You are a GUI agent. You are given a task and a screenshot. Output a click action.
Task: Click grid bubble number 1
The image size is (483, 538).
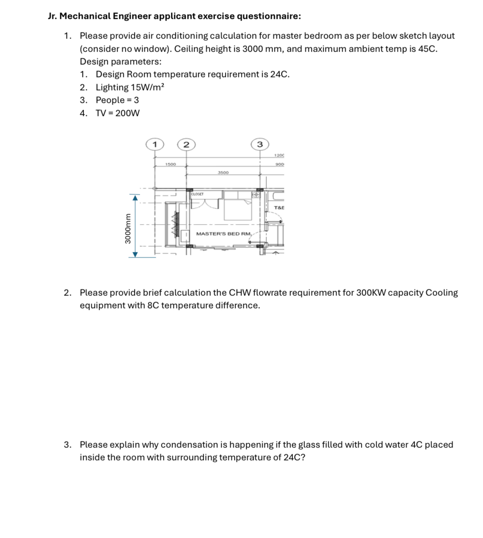154,144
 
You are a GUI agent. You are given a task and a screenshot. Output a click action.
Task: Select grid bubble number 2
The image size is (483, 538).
186,144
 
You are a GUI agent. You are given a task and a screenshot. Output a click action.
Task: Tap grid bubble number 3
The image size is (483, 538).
260,144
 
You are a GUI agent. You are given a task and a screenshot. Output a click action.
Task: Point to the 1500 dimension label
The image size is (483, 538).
170,164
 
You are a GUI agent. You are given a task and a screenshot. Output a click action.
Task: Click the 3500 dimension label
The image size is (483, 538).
223,173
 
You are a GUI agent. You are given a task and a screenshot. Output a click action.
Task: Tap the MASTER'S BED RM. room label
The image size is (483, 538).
224,234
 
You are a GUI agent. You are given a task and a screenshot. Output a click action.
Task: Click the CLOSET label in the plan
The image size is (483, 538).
197,194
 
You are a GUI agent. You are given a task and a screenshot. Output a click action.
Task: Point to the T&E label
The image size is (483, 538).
279,208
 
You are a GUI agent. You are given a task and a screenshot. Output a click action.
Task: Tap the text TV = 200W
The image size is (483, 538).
118,113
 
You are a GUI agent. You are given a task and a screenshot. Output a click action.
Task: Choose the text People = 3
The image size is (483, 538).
117,100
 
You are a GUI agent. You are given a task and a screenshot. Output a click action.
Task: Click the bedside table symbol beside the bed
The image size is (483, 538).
256,195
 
